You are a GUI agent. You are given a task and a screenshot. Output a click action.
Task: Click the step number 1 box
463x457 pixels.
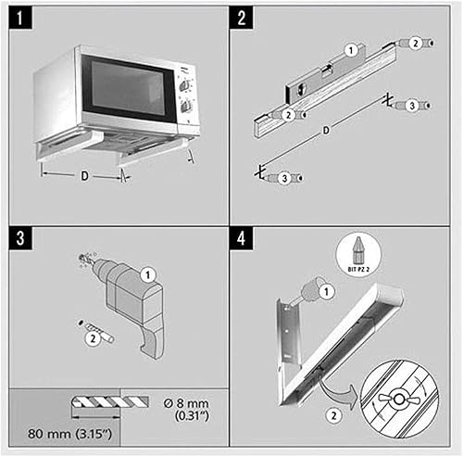click(x=20, y=19)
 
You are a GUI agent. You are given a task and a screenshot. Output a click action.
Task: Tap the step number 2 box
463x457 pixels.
click(x=242, y=19)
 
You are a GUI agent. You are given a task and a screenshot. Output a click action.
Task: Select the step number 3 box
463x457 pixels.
click(x=20, y=238)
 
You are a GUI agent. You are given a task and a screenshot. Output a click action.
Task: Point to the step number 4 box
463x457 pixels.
click(x=242, y=238)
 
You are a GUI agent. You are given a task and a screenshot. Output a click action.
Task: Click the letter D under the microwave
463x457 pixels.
click(x=84, y=176)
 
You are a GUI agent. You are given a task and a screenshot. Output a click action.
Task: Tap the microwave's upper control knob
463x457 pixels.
click(x=184, y=85)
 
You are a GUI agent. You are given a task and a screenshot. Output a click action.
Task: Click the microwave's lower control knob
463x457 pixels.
click(x=186, y=107)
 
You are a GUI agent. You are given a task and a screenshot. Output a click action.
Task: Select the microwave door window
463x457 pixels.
click(x=127, y=88)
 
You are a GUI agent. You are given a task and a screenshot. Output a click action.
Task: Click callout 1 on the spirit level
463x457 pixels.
click(x=351, y=50)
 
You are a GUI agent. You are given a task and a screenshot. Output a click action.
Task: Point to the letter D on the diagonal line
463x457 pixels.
click(x=326, y=131)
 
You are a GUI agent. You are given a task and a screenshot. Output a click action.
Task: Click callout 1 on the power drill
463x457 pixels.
click(x=147, y=274)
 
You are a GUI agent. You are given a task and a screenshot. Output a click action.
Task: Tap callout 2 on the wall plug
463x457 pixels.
click(x=93, y=338)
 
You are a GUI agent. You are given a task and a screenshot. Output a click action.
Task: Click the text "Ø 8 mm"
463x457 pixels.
click(x=186, y=403)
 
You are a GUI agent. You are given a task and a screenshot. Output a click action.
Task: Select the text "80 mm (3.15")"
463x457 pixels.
click(x=69, y=434)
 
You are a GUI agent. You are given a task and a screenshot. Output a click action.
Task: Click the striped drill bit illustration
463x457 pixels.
click(x=110, y=402)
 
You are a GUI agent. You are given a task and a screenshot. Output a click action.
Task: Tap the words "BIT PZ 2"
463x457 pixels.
click(x=358, y=270)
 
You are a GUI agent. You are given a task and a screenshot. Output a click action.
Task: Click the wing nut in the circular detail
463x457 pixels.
click(x=398, y=399)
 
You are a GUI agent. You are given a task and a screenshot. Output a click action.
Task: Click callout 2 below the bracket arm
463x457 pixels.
click(x=333, y=415)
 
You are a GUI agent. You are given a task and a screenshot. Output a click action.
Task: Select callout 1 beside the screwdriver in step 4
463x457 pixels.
click(x=326, y=291)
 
